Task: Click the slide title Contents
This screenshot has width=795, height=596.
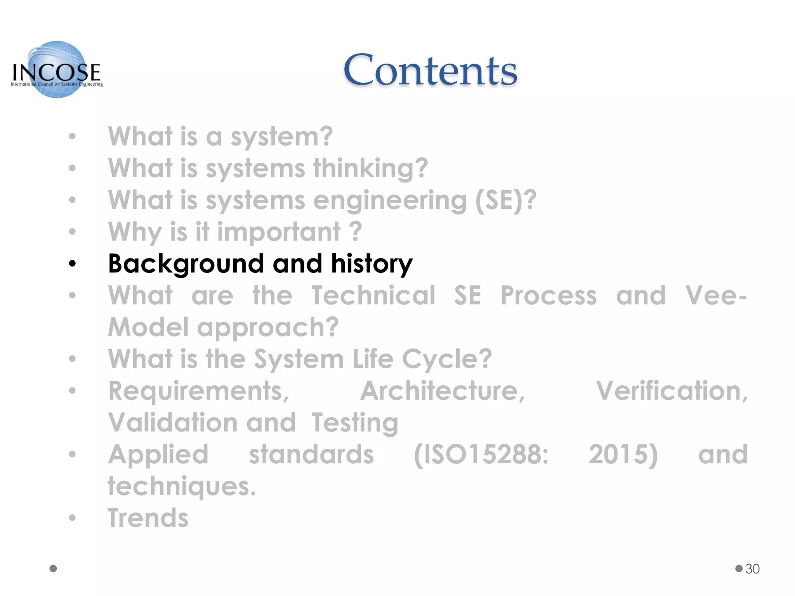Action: pos(430,71)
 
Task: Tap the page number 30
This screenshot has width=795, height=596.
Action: pos(752,569)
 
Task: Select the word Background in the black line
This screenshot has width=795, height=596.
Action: pos(186,264)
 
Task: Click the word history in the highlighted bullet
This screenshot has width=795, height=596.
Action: pos(371,264)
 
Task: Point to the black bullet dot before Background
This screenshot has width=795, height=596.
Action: pos(72,264)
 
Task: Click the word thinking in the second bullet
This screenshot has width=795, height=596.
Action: pos(370,169)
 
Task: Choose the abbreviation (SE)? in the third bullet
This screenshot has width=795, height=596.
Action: pos(506,201)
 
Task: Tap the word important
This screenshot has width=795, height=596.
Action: pos(278,232)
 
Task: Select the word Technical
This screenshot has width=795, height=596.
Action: pos(373,296)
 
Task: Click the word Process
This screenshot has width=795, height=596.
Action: pos(549,296)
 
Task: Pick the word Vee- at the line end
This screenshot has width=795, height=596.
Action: pos(716,296)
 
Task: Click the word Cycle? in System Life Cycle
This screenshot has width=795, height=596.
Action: pos(447,359)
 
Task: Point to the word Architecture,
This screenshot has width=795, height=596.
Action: pos(443,391)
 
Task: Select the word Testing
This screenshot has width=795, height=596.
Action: pos(355,423)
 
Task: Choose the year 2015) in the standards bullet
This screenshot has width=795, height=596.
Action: pos(623,454)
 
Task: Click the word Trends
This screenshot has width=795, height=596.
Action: pos(148,518)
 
